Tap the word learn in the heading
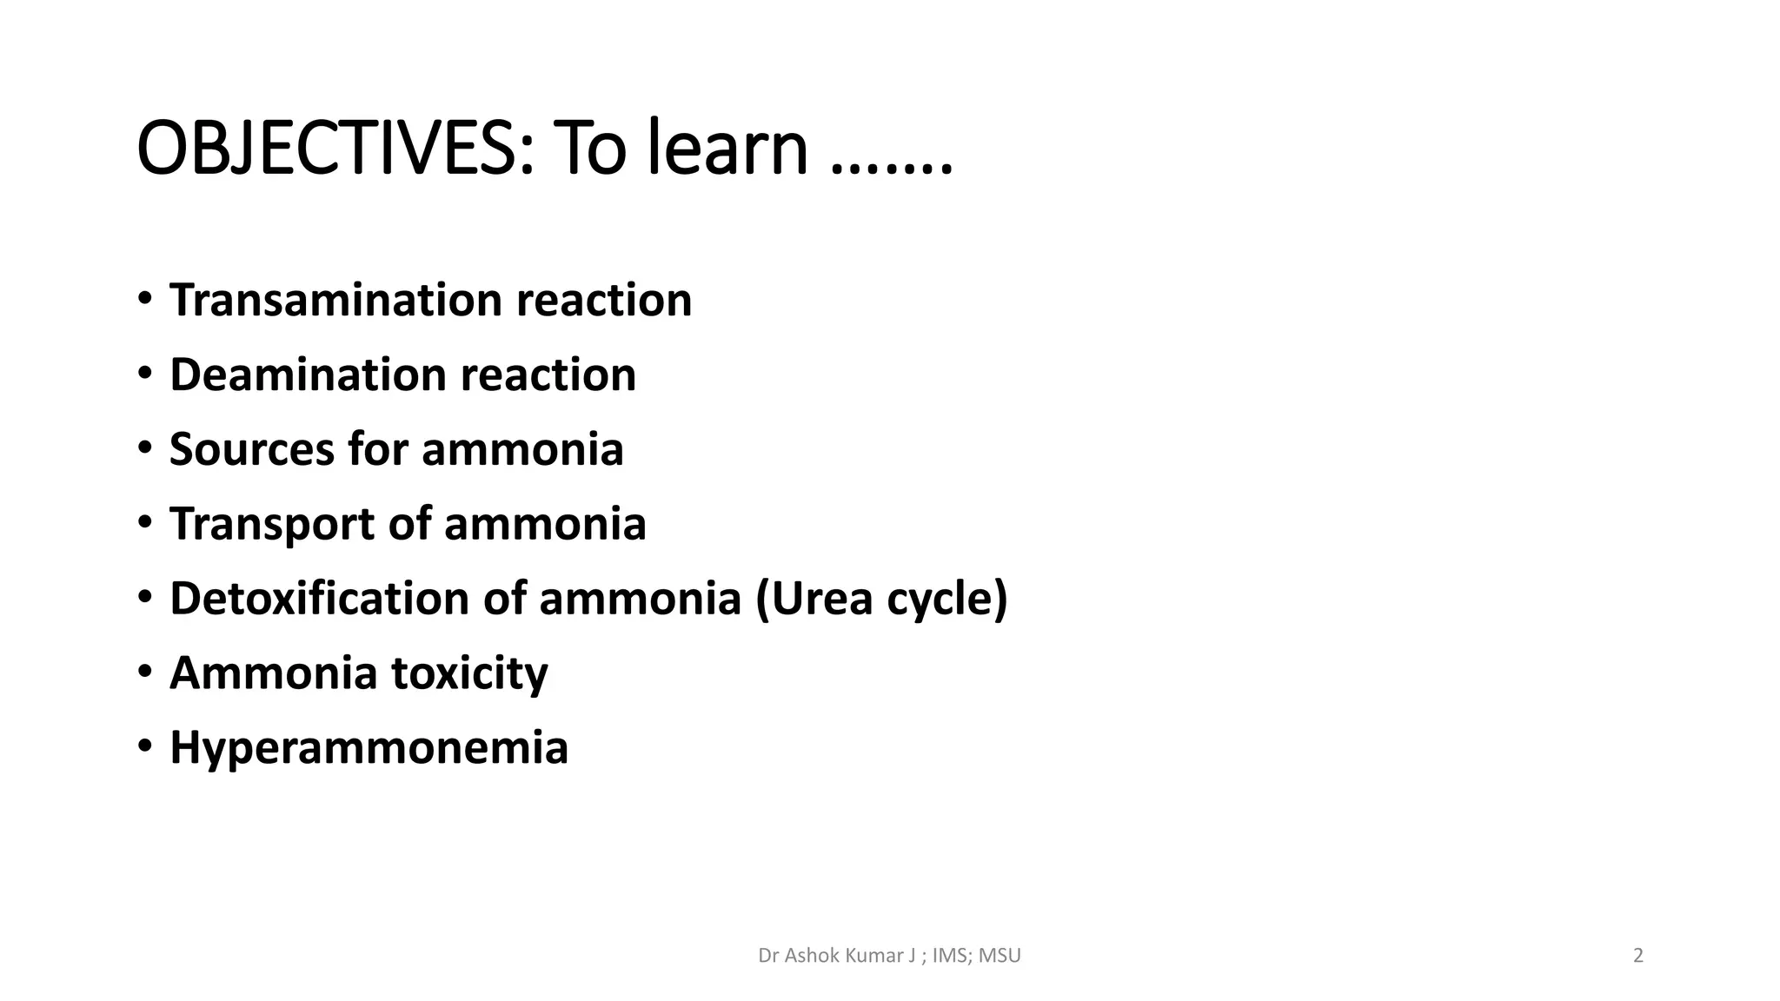pos(728,149)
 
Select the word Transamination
pos(334,301)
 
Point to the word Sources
pos(251,450)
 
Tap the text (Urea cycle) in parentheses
pos(881,600)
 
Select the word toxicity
pos(469,673)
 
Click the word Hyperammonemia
pos(369,748)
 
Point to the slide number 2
pos(1638,956)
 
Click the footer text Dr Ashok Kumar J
pos(837,956)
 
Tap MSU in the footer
pos(1000,956)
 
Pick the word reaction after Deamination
pos(548,375)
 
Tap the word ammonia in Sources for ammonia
pos(522,450)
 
